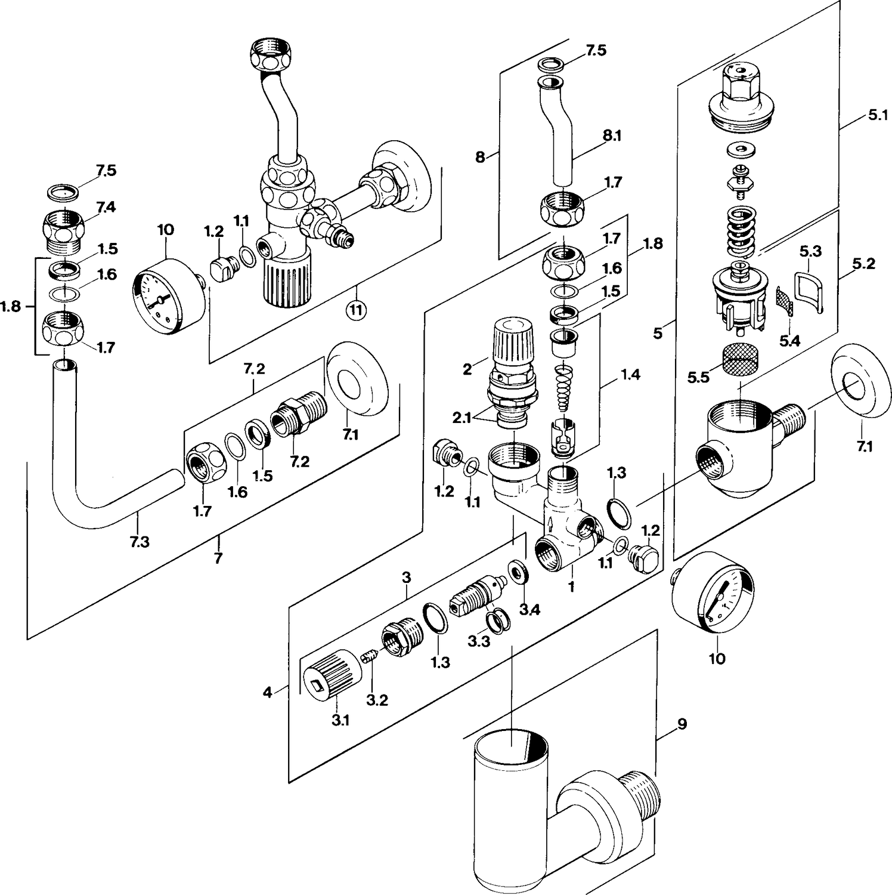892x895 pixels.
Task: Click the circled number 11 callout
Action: tap(357, 310)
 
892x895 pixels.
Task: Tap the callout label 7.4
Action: tap(106, 207)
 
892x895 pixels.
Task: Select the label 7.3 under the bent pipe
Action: tap(140, 542)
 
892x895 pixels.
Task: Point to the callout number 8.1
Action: tap(612, 136)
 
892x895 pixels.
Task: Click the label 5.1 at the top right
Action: tap(878, 115)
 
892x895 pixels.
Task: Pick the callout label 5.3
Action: tap(810, 251)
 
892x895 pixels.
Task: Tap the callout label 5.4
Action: tap(789, 341)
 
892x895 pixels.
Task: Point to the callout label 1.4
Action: tap(630, 375)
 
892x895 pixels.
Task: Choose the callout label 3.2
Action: tap(377, 700)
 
